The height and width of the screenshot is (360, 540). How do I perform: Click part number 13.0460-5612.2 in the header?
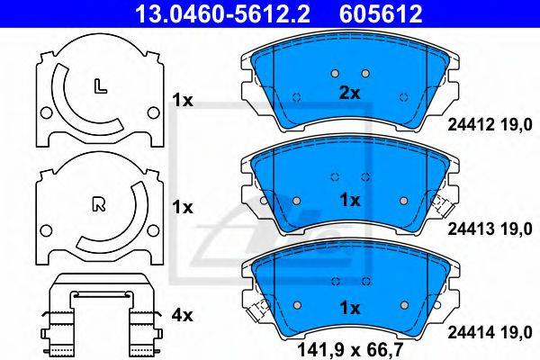point(223,13)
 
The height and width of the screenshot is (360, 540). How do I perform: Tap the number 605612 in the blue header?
point(381,13)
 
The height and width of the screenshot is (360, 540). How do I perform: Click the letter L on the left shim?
point(100,86)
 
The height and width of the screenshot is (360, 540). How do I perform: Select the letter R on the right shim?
point(99,204)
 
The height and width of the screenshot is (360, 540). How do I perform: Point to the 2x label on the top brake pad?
point(349,93)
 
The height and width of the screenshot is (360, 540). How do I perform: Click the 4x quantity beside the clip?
point(183,315)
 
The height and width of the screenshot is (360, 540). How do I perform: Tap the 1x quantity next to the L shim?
point(183,101)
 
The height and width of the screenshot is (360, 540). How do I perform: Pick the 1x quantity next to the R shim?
point(183,207)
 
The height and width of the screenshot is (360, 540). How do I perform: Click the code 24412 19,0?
point(490,125)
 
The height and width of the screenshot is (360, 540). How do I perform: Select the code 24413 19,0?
point(490,229)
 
